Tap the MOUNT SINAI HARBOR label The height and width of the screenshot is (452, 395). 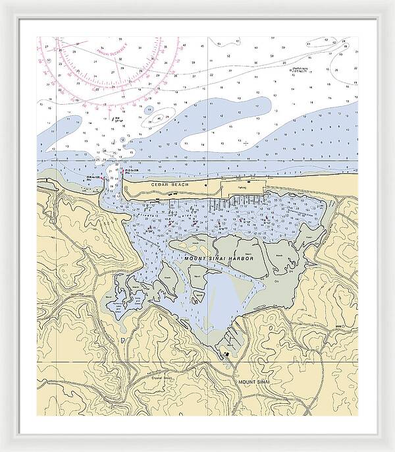pyautogui.click(x=219, y=259)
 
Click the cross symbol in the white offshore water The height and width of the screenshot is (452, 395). pyautogui.click(x=246, y=142)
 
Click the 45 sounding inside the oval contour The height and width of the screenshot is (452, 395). pyautogui.click(x=158, y=119)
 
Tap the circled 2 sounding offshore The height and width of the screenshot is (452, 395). pyautogui.click(x=123, y=140)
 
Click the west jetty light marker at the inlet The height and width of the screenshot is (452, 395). pyautogui.click(x=102, y=178)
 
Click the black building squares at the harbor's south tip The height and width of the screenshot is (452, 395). pyautogui.click(x=226, y=354)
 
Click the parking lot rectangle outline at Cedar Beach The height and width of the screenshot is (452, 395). pyautogui.click(x=243, y=188)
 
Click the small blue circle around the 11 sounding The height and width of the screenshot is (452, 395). pyautogui.click(x=150, y=109)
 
